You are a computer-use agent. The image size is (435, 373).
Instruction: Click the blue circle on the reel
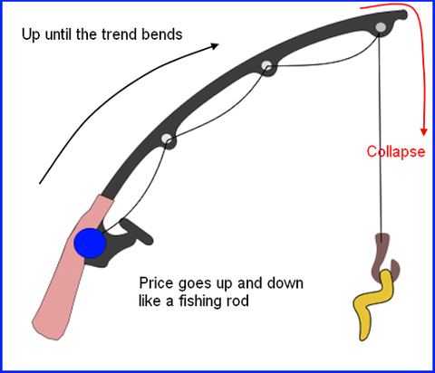point(90,244)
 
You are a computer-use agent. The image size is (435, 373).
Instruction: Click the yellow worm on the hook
point(374,301)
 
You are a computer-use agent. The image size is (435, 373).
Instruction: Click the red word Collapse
point(396,151)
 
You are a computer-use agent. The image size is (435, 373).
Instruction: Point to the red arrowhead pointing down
point(424,132)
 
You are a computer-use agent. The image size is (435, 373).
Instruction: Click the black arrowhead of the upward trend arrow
point(215,46)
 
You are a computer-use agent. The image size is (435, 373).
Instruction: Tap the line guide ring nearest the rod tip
point(381,27)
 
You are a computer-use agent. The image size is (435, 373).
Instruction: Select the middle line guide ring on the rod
point(266,65)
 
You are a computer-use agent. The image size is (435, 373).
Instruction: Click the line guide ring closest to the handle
point(167,139)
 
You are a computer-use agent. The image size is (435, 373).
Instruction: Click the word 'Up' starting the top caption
point(31,34)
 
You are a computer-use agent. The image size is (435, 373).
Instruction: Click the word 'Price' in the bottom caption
point(157,283)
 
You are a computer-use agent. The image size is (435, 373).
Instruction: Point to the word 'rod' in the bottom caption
point(238,301)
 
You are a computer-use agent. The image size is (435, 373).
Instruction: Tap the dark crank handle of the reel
point(137,231)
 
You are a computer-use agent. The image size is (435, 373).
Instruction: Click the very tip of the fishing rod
point(405,14)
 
